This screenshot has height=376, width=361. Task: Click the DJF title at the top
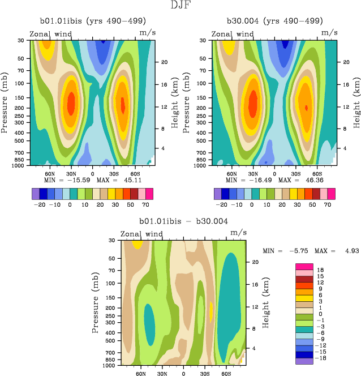(x=180, y=5)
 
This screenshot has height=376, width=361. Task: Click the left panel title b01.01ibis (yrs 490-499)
(x=91, y=21)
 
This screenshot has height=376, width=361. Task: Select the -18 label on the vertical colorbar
(x=321, y=358)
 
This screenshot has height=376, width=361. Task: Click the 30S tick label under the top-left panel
(x=113, y=173)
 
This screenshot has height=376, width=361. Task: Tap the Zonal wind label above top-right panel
(x=233, y=34)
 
